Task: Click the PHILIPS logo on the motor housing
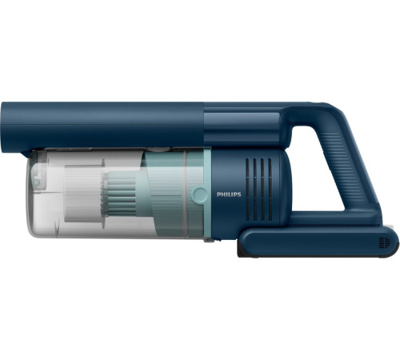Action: point(229,194)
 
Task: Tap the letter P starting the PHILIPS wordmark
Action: point(218,194)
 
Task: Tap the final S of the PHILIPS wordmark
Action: point(239,194)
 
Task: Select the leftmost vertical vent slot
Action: point(247,190)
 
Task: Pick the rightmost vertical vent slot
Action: point(270,190)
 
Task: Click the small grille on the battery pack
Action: point(384,242)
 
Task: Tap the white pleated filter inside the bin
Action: point(83,194)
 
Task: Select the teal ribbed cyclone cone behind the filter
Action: point(120,194)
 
